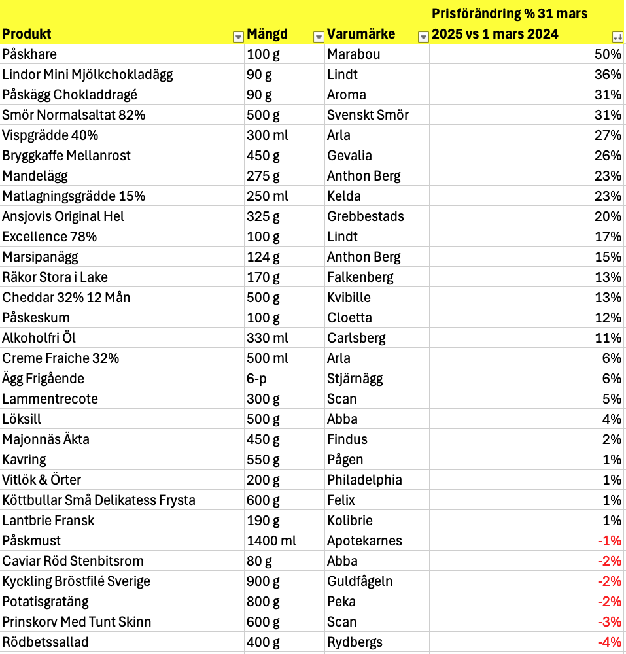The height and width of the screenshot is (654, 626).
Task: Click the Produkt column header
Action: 27,34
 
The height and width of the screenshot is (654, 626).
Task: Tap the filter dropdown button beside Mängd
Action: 318,37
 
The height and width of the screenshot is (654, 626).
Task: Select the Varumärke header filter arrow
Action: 423,37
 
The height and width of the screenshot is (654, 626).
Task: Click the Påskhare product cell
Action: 29,54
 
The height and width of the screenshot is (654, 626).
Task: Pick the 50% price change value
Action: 608,54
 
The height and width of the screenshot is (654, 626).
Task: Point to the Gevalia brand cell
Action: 349,156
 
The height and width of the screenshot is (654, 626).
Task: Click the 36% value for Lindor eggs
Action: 608,75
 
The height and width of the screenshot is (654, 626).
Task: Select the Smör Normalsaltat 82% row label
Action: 73,115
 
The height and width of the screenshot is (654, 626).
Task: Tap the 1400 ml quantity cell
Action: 271,541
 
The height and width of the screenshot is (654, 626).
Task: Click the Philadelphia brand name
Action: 364,480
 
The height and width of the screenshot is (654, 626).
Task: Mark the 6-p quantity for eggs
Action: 257,379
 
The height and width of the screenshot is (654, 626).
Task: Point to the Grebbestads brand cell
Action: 366,216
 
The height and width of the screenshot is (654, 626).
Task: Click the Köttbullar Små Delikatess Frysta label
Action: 99,500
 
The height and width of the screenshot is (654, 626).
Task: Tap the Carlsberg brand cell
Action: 356,338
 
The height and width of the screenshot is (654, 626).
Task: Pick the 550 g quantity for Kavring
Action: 263,460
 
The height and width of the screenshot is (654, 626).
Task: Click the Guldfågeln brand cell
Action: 360,581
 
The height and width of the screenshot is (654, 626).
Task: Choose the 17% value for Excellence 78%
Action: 608,237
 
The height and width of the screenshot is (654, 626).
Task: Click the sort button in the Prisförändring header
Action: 617,37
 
